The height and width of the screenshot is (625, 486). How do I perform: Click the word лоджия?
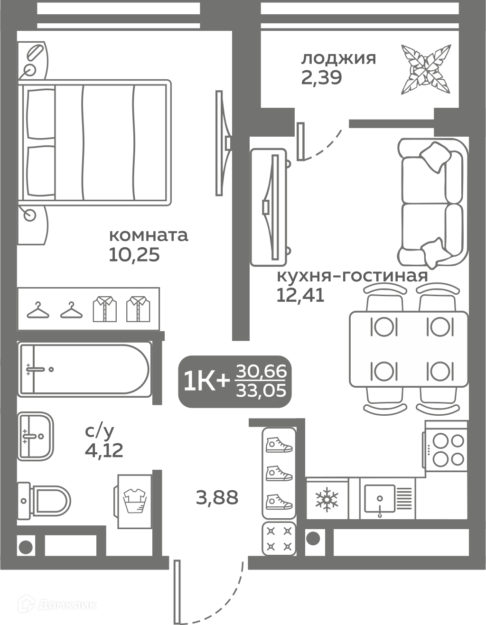click(x=338, y=59)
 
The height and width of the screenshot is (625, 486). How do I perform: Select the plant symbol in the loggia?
click(x=426, y=69)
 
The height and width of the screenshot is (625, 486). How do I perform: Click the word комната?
click(x=149, y=235)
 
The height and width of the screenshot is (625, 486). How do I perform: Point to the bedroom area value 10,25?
click(x=134, y=254)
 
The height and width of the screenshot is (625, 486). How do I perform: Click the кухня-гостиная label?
click(x=352, y=276)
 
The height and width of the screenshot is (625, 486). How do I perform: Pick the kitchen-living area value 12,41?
click(x=300, y=295)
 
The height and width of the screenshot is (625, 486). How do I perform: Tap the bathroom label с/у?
click(x=100, y=431)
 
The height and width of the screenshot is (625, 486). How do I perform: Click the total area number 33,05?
click(x=261, y=391)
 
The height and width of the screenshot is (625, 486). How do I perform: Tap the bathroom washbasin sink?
click(x=36, y=436)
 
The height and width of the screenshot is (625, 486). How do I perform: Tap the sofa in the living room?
click(x=433, y=202)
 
